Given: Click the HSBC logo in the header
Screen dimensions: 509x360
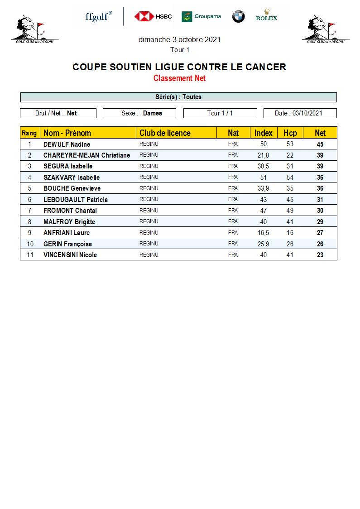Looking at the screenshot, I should pyautogui.click(x=153, y=17).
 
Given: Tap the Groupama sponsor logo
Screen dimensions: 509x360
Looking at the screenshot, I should pyautogui.click(x=201, y=17).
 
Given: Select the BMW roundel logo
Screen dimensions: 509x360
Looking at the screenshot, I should pyautogui.click(x=238, y=17).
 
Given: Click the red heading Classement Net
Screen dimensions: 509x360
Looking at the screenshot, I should pyautogui.click(x=179, y=78).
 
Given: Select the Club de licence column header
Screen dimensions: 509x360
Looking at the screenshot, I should pyautogui.click(x=165, y=133).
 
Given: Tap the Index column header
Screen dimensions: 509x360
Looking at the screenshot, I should pyautogui.click(x=263, y=133).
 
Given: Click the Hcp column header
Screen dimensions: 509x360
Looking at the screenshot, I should pyautogui.click(x=290, y=133).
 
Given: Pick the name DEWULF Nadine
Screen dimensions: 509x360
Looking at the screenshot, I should pyautogui.click(x=67, y=144).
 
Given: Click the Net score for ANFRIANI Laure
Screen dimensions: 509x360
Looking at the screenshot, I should pyautogui.click(x=320, y=233).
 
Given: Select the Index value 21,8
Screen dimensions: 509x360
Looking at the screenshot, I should pyautogui.click(x=263, y=155).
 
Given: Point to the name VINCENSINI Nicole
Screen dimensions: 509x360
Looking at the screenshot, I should pyautogui.click(x=70, y=255).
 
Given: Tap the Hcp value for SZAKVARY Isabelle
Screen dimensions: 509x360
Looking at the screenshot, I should pyautogui.click(x=290, y=178).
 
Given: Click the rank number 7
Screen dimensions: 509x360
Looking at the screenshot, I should pyautogui.click(x=30, y=211).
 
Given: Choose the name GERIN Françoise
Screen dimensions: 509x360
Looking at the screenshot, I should pyautogui.click(x=67, y=244).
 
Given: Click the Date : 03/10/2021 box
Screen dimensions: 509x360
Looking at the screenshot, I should pyautogui.click(x=300, y=113).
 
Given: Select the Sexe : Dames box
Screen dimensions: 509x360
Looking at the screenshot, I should pyautogui.click(x=142, y=113).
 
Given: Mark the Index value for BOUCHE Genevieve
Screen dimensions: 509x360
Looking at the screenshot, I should pyautogui.click(x=263, y=188).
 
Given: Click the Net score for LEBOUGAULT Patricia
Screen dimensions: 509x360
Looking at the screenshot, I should pyautogui.click(x=320, y=200).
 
